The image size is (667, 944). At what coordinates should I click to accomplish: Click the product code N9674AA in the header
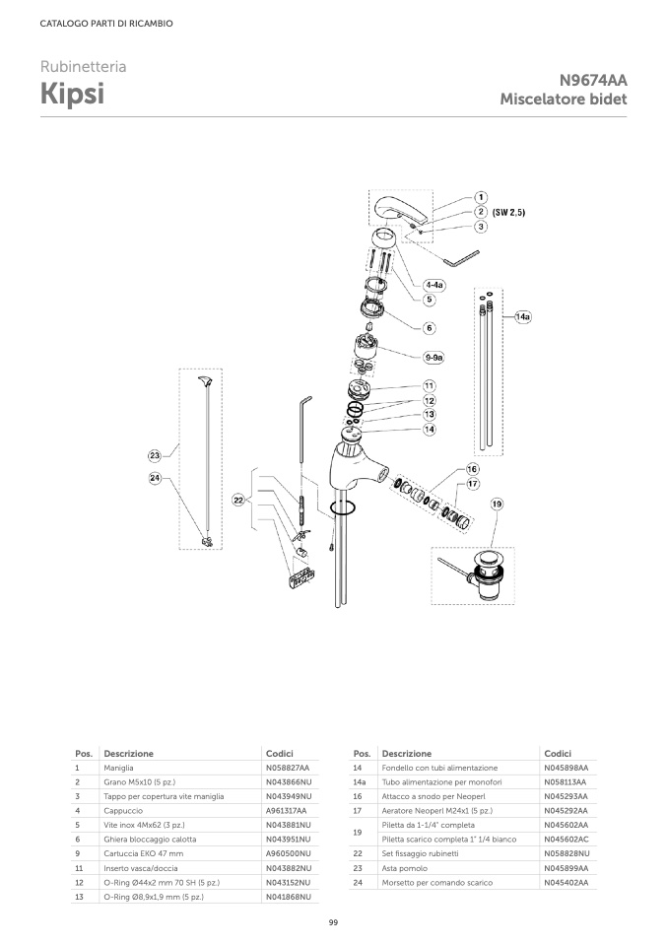(x=593, y=81)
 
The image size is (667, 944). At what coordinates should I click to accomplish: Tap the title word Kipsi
(x=73, y=96)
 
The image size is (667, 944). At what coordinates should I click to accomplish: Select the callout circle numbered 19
(x=497, y=504)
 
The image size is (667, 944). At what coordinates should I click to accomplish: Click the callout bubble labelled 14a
(x=522, y=317)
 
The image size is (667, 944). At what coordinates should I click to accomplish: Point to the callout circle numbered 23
(x=155, y=455)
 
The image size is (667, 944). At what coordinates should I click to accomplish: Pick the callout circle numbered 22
(x=237, y=501)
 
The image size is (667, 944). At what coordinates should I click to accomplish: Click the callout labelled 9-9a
(x=433, y=357)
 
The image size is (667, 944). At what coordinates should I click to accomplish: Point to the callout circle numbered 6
(x=430, y=327)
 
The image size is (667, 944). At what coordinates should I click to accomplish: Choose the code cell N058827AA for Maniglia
(x=288, y=768)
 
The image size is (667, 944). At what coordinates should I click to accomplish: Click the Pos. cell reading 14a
(x=360, y=781)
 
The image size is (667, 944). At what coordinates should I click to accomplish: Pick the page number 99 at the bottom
(x=333, y=921)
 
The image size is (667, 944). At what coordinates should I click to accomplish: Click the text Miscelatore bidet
(x=564, y=100)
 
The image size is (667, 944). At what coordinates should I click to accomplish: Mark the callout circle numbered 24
(x=155, y=478)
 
